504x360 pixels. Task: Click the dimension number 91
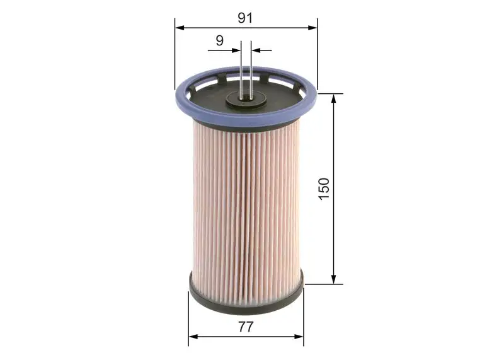pyautogui.click(x=245, y=18)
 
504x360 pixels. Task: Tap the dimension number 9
pyautogui.click(x=219, y=40)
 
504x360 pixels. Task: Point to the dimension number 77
pyautogui.click(x=246, y=327)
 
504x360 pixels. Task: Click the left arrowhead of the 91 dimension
pyautogui.click(x=180, y=28)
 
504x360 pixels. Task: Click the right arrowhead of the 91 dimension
pyautogui.click(x=312, y=28)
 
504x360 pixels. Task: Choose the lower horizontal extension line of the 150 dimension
pyautogui.click(x=324, y=284)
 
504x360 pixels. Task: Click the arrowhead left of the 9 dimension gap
pyautogui.click(x=237, y=50)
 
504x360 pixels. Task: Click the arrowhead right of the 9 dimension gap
pyautogui.click(x=256, y=50)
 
